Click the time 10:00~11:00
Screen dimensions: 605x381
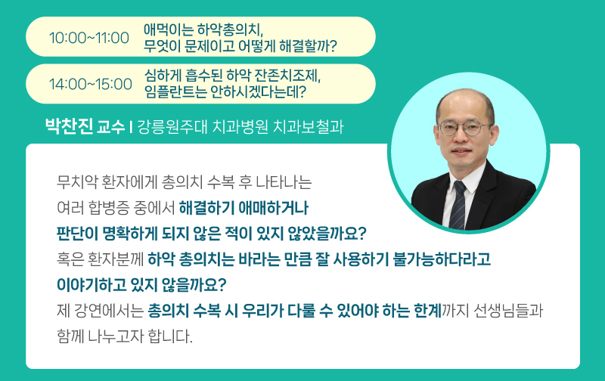click(89, 38)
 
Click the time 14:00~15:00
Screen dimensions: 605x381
click(91, 84)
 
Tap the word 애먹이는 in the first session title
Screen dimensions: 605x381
click(168, 29)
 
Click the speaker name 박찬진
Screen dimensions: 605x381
click(69, 126)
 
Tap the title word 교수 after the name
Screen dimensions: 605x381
click(111, 127)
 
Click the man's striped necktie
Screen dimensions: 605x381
click(458, 204)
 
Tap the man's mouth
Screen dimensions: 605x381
click(462, 150)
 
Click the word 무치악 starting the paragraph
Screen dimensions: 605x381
click(76, 182)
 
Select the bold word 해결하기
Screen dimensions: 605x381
click(206, 208)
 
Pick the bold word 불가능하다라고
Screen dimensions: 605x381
click(441, 259)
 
